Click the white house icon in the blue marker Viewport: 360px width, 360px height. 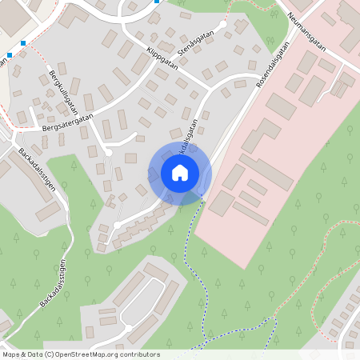(x=179, y=172)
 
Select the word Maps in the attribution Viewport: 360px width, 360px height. (x=12, y=354)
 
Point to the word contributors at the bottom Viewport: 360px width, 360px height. (x=142, y=354)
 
